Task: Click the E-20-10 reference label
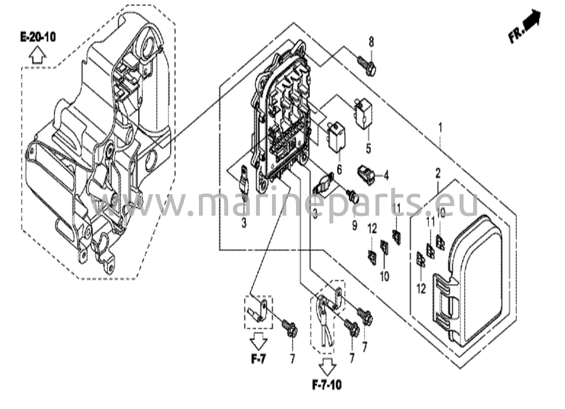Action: tap(38, 37)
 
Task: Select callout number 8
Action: tap(371, 42)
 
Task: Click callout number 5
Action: tap(368, 149)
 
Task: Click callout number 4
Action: tap(386, 175)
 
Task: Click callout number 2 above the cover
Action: tap(438, 174)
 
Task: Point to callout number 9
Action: tap(355, 225)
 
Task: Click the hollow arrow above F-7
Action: tap(258, 341)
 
